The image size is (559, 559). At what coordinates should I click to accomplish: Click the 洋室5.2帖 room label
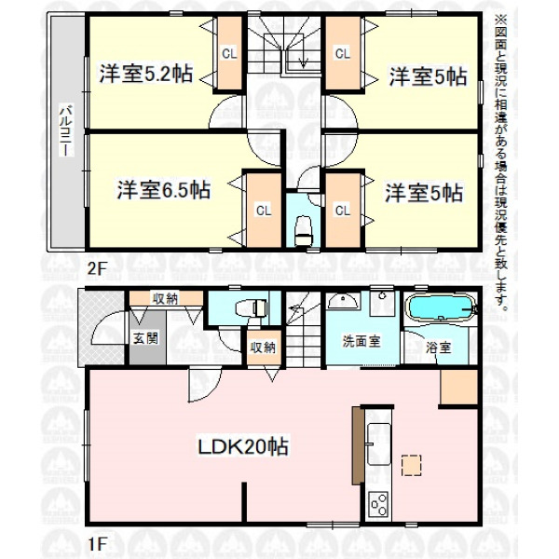146,74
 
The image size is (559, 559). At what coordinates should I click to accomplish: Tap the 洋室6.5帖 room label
164,189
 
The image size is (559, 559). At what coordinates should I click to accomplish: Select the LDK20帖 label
243,446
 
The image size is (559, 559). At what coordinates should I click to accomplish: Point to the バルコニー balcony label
67,130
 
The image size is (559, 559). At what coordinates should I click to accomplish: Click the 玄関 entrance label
146,338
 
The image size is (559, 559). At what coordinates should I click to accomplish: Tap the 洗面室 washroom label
361,341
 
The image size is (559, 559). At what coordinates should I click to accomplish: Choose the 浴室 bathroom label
439,348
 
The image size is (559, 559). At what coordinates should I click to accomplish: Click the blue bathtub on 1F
441,307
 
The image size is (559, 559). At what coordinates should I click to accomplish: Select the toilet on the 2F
304,231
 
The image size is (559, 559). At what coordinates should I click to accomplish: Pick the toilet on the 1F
252,307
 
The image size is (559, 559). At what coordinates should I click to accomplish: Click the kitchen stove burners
378,504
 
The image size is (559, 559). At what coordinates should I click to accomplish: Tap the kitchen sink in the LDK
378,444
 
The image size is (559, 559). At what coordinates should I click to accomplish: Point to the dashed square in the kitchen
411,465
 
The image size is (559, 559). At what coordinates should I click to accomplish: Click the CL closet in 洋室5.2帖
229,53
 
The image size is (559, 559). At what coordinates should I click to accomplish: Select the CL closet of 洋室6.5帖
264,211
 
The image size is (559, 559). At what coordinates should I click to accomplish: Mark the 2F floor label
97,268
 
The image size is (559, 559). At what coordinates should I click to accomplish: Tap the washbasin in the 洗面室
343,301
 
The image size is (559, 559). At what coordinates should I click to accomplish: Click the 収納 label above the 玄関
166,298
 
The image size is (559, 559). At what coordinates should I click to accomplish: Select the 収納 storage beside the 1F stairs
263,348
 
